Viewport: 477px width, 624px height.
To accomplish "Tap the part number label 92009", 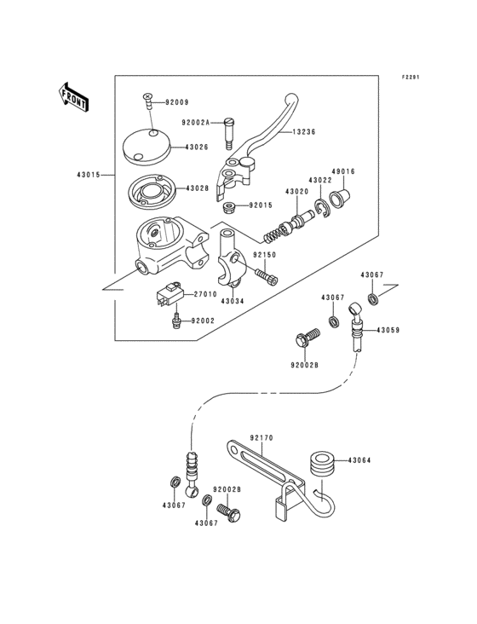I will [x=177, y=102].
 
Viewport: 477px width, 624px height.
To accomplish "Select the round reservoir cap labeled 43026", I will [x=147, y=146].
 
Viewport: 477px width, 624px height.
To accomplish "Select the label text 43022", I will [x=320, y=180].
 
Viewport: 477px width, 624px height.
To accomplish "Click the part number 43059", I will [x=388, y=329].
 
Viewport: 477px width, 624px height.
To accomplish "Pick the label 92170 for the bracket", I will [x=261, y=437].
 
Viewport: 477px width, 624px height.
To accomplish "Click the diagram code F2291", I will [x=412, y=77].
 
